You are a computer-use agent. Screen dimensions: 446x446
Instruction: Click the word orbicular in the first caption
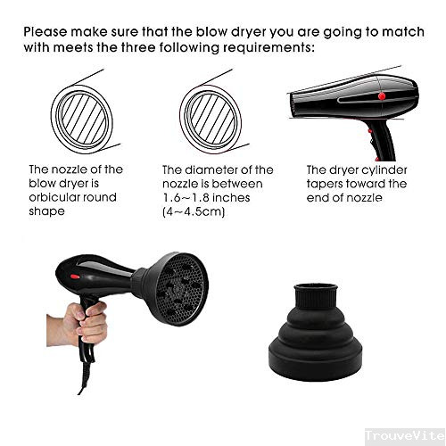coord(55,199)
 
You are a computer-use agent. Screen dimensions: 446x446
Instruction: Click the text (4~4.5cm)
coord(193,214)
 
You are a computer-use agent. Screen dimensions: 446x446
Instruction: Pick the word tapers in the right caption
coord(326,184)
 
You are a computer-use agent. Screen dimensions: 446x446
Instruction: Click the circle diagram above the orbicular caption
coord(80,112)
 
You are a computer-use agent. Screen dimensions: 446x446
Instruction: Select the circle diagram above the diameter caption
coord(211,112)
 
